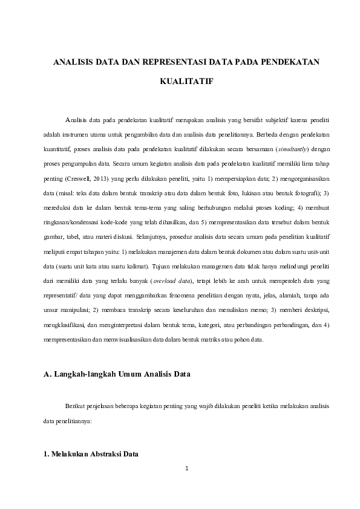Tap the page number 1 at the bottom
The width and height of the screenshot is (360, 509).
188,468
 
